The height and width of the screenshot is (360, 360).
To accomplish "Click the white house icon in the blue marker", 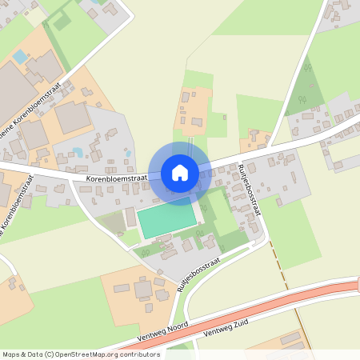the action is tap(180, 173).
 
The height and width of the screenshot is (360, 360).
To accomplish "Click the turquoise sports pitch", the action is tap(166, 220).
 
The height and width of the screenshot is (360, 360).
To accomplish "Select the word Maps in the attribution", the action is tap(11, 354).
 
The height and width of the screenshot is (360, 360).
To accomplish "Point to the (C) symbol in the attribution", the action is tap(50, 354).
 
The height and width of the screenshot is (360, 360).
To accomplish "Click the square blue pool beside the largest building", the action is tap(19, 57).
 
